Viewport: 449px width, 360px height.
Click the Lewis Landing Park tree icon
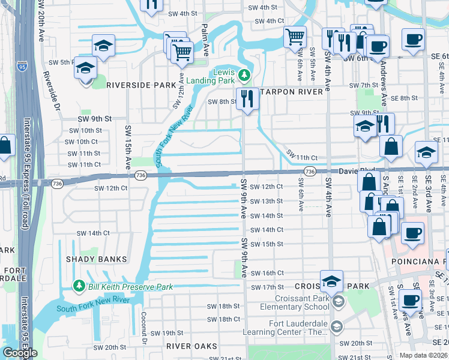pyautogui.click(x=244, y=75)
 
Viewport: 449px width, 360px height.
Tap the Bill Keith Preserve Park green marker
pyautogui.click(x=77, y=284)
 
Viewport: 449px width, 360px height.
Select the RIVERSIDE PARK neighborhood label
pyautogui.click(x=141, y=85)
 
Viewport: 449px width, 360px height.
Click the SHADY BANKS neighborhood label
pyautogui.click(x=98, y=259)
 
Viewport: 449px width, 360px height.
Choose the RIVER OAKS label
pyautogui.click(x=191, y=346)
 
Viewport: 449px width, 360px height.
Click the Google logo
pyautogui.click(x=20, y=352)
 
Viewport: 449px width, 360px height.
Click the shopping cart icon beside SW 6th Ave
pyautogui.click(x=295, y=37)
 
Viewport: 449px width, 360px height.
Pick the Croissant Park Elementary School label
pyautogui.click(x=303, y=302)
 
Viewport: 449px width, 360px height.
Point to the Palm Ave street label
pyautogui.click(x=205, y=37)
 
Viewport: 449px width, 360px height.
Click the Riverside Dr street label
pyautogui.click(x=51, y=91)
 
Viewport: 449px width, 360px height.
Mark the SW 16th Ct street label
pyautogui.click(x=267, y=273)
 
